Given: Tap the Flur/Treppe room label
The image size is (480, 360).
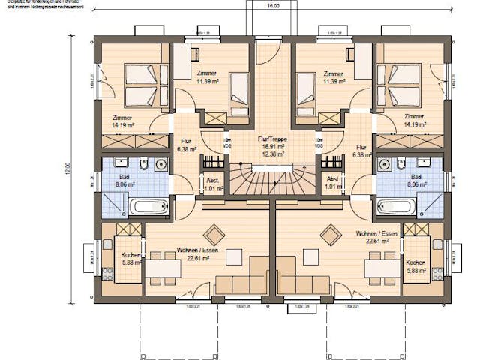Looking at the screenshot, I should point(272,139).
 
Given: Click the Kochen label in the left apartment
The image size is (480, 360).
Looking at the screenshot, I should point(129,255).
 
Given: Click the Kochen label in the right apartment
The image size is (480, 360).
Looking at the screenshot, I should point(416,263).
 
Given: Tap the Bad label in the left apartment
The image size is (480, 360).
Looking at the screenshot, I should point(124,176).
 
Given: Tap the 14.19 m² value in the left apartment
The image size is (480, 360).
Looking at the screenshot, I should point(123,125).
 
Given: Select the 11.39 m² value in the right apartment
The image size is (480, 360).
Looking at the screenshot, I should point(333,81).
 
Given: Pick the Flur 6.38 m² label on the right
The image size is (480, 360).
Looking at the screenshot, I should point(361,151).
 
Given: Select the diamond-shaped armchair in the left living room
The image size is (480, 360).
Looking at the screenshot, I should point(214,235).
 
